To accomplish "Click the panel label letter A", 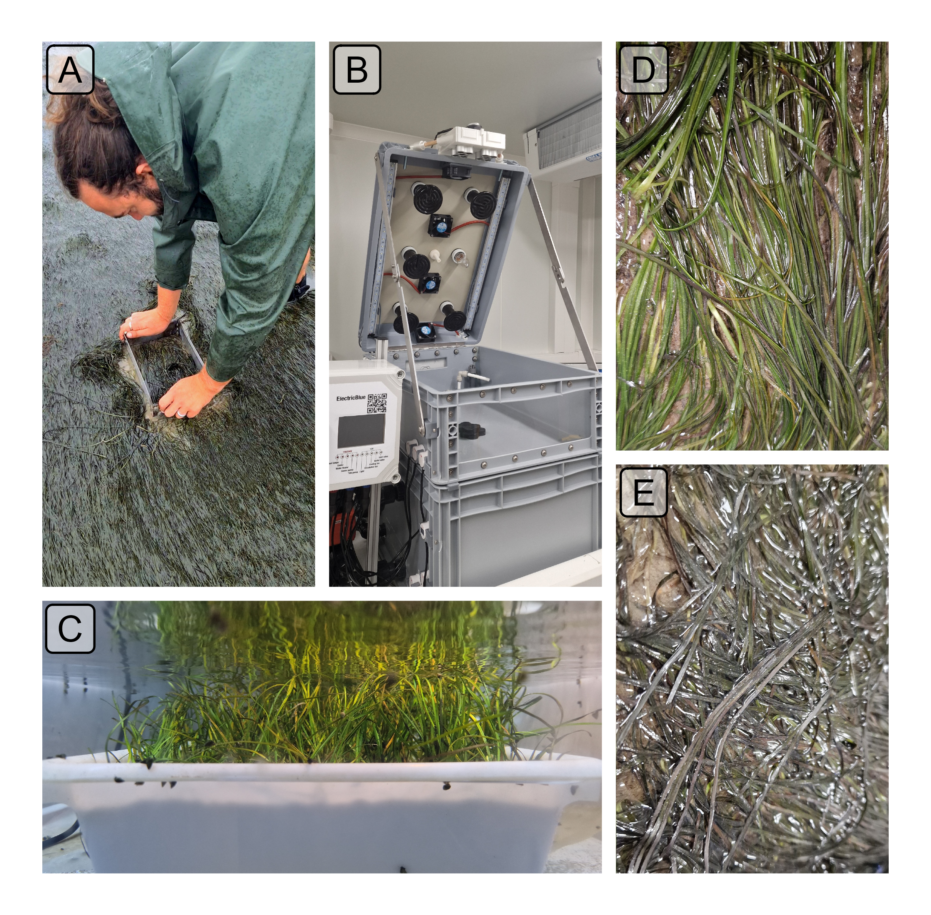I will click(70, 70).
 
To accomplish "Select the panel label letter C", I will click(70, 629).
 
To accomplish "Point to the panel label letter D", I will click(643, 70).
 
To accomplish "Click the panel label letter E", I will click(643, 492).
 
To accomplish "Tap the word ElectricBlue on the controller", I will click(350, 398).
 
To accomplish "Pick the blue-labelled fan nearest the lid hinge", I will click(425, 331).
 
